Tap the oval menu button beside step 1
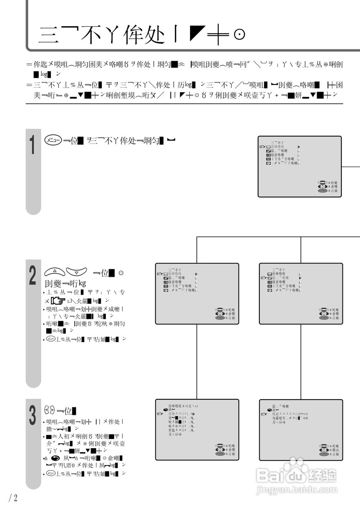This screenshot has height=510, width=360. pyautogui.click(x=53, y=141)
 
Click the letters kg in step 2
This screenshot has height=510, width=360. pyautogui.click(x=82, y=283)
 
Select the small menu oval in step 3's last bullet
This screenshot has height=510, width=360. pyautogui.click(x=50, y=474)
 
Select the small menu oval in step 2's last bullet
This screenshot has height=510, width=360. pyautogui.click(x=50, y=339)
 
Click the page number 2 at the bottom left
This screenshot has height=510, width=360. pyautogui.click(x=15, y=498)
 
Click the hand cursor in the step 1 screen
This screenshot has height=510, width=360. pyautogui.click(x=262, y=147)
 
